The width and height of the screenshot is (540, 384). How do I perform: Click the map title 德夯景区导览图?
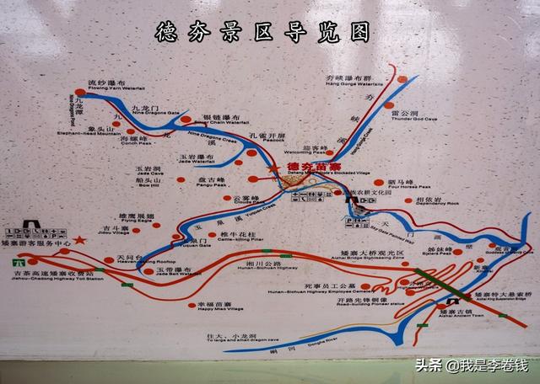click(x=263, y=32)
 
